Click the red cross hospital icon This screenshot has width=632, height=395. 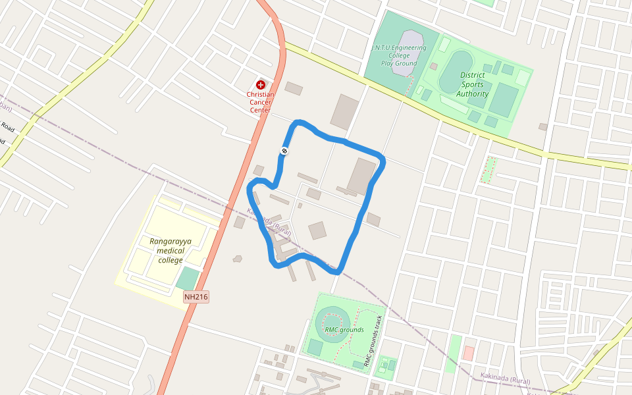(261, 85)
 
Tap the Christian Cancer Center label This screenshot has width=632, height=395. (260, 102)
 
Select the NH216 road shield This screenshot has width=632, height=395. (196, 297)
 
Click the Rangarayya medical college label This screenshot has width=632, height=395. (171, 251)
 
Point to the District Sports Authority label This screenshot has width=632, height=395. (473, 84)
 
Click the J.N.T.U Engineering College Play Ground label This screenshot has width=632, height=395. (399, 55)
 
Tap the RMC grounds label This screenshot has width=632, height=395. (344, 330)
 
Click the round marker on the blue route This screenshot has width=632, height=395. (284, 151)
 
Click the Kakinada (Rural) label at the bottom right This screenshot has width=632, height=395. (504, 381)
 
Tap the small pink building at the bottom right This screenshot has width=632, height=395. (468, 353)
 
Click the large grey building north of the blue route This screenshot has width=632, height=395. (344, 111)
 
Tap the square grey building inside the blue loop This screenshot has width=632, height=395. (317, 230)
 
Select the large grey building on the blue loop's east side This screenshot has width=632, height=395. (360, 176)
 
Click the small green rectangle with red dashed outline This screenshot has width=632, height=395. (488, 170)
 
